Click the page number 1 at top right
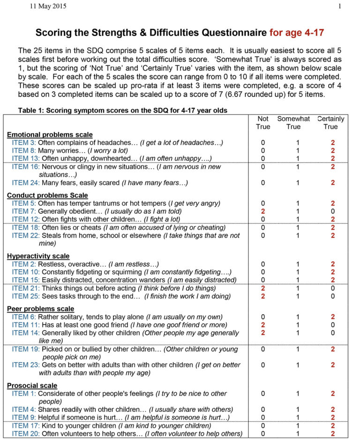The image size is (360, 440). (339, 6)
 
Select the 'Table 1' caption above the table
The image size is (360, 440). (122, 111)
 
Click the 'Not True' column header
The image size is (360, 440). (263, 123)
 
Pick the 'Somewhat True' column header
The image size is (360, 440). (293, 123)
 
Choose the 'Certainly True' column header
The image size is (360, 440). (331, 123)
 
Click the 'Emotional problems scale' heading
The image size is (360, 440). (50, 134)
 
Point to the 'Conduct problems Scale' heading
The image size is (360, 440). (47, 195)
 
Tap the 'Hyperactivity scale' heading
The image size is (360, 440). (38, 256)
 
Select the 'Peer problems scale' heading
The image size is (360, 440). (40, 309)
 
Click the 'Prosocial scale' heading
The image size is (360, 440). (32, 385)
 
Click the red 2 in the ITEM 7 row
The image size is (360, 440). (263, 211)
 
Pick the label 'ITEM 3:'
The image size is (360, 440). (24, 142)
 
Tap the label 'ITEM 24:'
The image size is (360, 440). (26, 182)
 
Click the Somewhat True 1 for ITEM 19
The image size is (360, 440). (294, 349)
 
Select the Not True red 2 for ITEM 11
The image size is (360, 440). (263, 325)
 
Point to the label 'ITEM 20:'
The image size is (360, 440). (26, 433)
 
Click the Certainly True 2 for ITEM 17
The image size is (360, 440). (332, 425)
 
